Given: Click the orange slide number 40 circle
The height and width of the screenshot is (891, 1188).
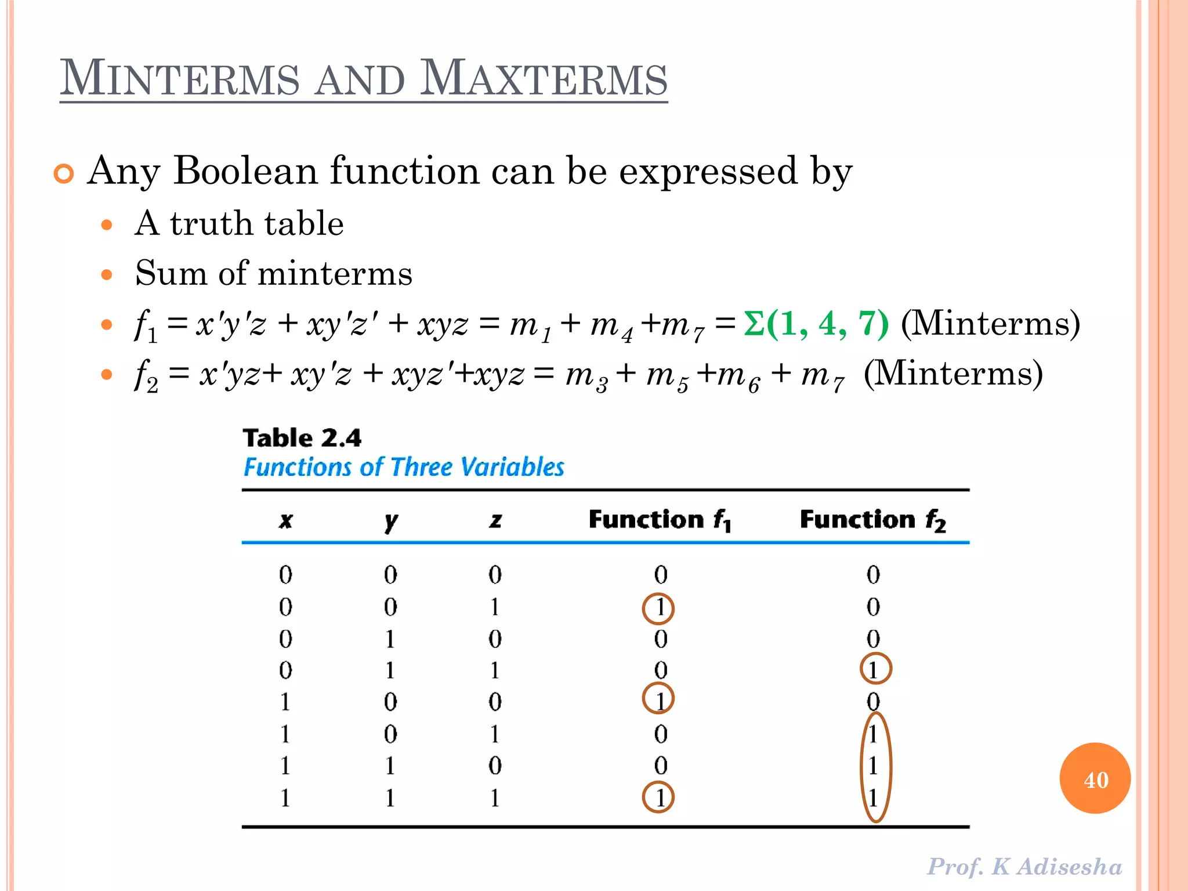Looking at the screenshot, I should click(x=1095, y=778).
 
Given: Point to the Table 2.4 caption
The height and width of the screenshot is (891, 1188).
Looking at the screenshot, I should click(x=302, y=438).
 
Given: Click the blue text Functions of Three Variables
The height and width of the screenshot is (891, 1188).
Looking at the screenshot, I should click(x=404, y=467).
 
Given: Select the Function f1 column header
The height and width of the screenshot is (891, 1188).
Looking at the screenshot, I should click(x=660, y=520).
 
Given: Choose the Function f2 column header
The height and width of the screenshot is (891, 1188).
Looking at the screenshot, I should click(x=872, y=520).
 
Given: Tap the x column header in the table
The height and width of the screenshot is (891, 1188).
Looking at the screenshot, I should click(x=285, y=520).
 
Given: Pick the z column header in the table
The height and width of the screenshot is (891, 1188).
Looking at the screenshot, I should click(x=495, y=520).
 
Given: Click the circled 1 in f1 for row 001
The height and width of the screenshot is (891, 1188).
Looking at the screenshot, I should click(x=658, y=608).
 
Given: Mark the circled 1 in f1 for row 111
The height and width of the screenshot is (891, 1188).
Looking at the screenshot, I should click(x=658, y=798).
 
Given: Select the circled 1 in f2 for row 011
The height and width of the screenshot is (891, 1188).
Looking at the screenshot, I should click(x=875, y=669).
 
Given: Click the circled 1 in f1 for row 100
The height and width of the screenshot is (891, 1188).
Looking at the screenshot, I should click(x=658, y=699).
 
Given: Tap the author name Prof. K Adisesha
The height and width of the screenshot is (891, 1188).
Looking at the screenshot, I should click(x=1024, y=867).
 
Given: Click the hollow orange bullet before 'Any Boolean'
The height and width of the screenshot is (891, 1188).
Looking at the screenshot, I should click(x=64, y=173).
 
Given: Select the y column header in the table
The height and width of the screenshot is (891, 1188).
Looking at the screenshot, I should click(x=391, y=520).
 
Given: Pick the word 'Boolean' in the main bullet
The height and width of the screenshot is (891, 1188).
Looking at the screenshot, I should click(x=245, y=171).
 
